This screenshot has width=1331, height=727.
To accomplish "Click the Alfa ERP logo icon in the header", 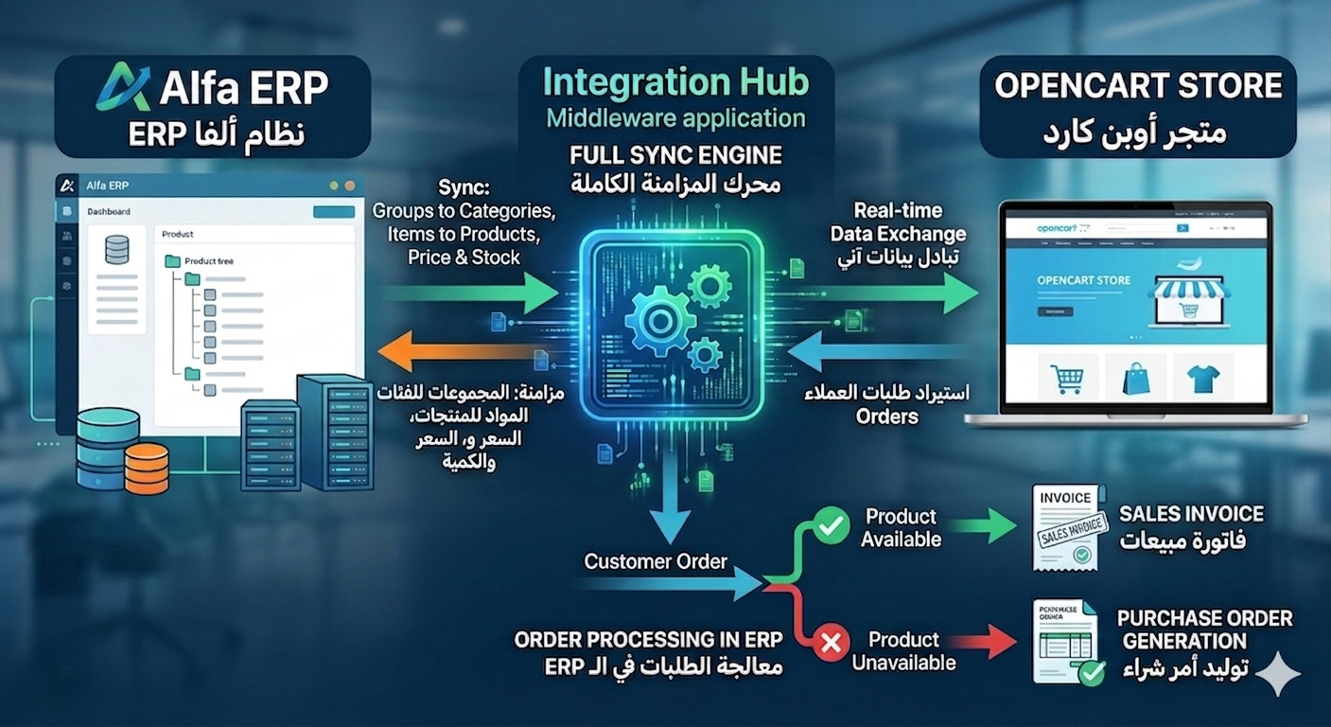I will pyautogui.click(x=124, y=87).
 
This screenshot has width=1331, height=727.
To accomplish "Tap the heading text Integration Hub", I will pyautogui.click(x=675, y=82).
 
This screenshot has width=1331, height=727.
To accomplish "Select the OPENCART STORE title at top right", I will pyautogui.click(x=1138, y=86).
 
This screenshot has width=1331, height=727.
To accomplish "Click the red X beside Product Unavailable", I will pyautogui.click(x=832, y=646).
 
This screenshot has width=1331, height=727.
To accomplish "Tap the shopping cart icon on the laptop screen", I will pyautogui.click(x=1067, y=379).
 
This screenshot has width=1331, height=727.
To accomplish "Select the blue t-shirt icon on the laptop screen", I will pyautogui.click(x=1203, y=379).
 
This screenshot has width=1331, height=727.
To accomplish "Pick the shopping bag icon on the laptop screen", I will pyautogui.click(x=1136, y=379).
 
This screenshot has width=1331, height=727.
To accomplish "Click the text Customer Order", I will pyautogui.click(x=656, y=561).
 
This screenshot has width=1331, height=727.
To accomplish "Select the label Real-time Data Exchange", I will pyautogui.click(x=898, y=222).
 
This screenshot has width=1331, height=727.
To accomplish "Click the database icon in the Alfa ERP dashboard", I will pyautogui.click(x=117, y=250).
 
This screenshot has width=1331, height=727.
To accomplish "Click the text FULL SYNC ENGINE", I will pyautogui.click(x=675, y=155).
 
